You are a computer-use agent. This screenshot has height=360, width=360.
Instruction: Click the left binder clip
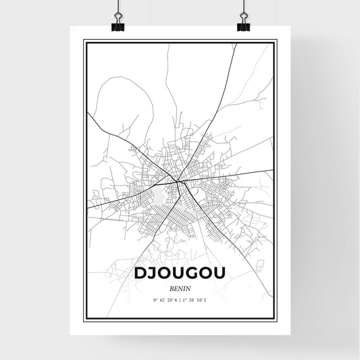tap(117, 20)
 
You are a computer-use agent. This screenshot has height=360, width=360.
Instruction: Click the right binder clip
tap(243, 20)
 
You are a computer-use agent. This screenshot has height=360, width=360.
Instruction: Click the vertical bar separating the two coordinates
tap(180, 299)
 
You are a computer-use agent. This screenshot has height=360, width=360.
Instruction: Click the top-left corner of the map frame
tap(84, 41)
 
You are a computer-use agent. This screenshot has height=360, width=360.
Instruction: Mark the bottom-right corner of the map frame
tap(276, 319)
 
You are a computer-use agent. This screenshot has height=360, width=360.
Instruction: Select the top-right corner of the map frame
tap(276, 41)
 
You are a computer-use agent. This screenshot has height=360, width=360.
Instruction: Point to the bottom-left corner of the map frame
tap(84, 319)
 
